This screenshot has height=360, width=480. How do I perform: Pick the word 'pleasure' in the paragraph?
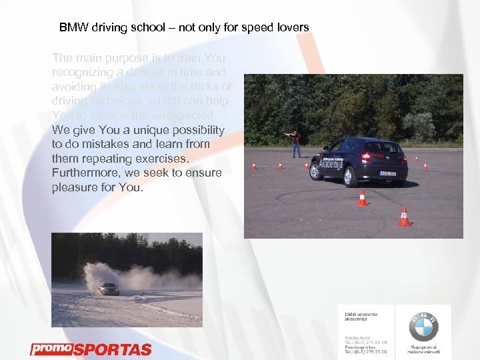73,188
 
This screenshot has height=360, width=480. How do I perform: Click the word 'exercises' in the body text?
161,159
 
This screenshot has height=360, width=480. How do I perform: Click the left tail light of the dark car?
365,157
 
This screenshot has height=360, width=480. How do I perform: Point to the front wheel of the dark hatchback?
314,171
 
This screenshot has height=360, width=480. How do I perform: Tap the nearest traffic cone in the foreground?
403,217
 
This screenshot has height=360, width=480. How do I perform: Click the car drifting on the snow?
109,288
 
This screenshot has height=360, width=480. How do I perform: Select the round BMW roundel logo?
424,327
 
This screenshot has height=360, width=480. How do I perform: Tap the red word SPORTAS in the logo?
112,350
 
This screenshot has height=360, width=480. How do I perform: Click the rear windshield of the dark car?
383,147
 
